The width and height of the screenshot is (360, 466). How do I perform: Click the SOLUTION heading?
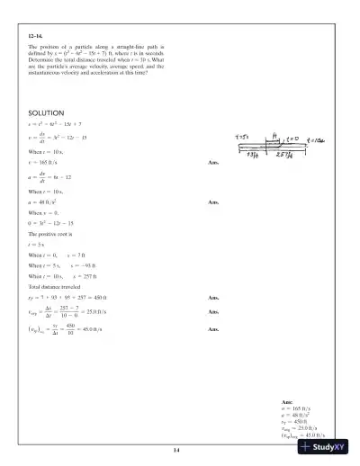point(46,112)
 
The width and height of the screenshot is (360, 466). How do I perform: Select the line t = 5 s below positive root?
point(37,244)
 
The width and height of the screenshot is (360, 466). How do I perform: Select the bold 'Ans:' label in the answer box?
point(287,401)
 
